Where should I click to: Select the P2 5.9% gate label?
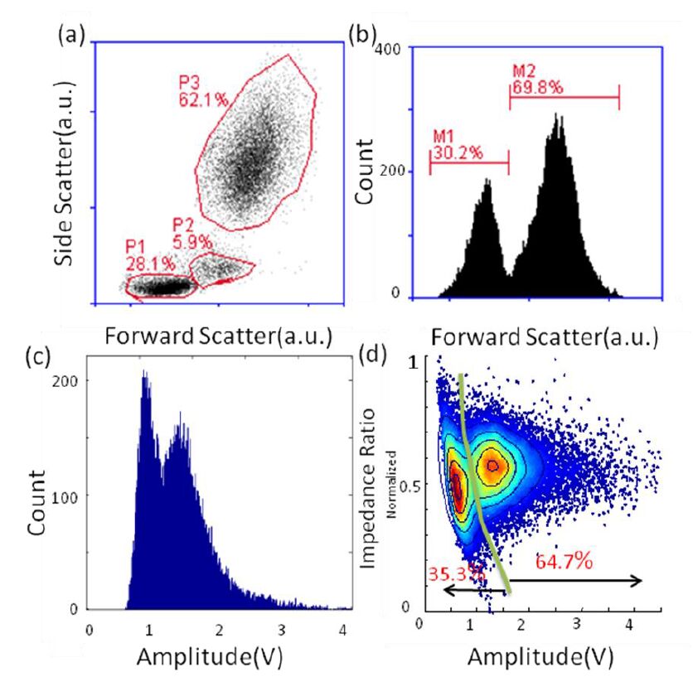pos(193,234)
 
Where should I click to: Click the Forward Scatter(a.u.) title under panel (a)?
pos(218,336)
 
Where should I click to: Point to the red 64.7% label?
pos(562,562)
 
